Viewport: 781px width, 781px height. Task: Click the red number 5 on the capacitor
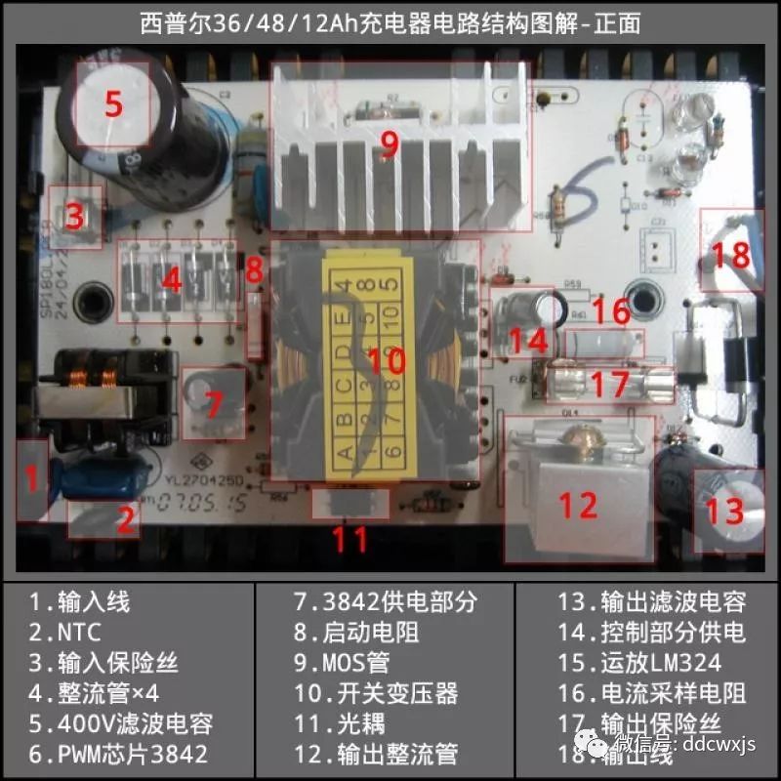113,103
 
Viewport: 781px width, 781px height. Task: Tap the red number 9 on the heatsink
390,144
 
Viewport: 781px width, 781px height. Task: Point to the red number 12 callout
577,506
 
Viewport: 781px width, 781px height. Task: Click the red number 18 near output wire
730,255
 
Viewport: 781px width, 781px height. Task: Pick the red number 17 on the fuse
608,383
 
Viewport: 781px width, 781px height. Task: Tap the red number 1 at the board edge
31,478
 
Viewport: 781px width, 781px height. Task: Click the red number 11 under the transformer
349,539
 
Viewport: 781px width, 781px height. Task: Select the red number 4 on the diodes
172,282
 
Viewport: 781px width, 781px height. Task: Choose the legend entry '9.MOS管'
342,663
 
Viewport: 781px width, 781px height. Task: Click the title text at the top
390,22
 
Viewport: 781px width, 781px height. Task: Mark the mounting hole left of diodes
95,296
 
